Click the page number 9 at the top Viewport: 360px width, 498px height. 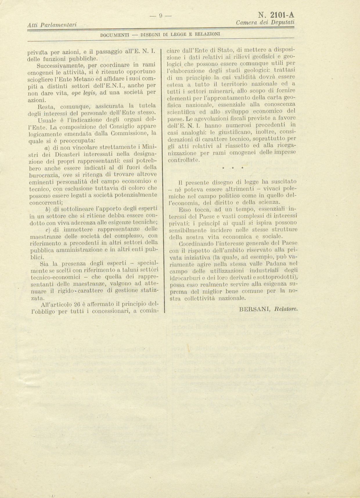pos(160,16)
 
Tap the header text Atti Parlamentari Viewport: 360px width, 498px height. pos(52,25)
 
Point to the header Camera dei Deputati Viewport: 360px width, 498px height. pos(265,22)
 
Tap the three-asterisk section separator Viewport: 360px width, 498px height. pos(233,168)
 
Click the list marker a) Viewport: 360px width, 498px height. pos(48,148)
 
